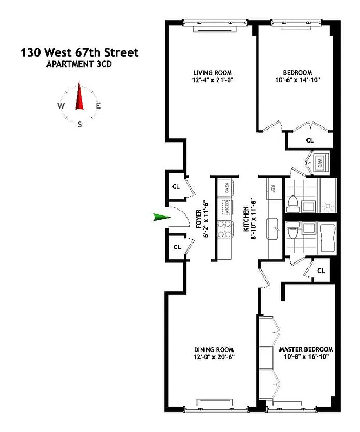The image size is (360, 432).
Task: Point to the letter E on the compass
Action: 98,106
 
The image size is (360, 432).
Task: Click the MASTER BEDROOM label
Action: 306,349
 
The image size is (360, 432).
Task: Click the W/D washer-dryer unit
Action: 319,162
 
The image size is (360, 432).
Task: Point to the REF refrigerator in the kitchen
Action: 272,188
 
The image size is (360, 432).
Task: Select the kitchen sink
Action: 273,225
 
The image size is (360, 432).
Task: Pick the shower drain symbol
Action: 328,206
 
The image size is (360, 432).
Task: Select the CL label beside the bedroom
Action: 310,140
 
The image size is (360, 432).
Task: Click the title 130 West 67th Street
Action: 79,53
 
